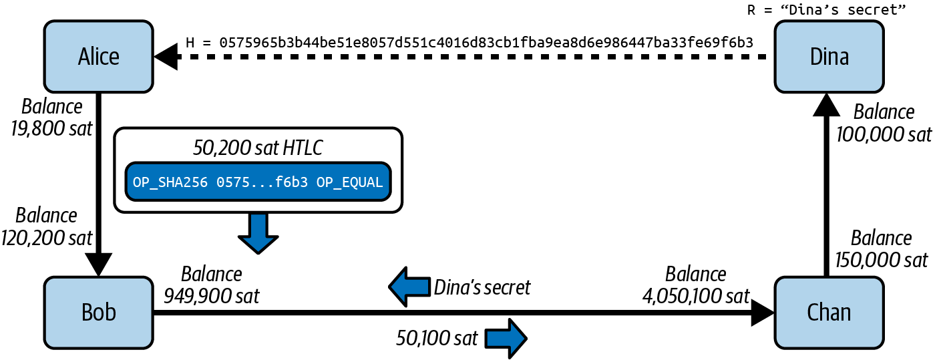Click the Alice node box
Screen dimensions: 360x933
(x=99, y=56)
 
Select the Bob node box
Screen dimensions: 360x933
(x=99, y=312)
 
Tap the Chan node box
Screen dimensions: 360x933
(x=829, y=312)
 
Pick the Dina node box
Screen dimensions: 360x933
(x=829, y=56)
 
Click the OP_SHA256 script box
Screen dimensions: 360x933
(x=258, y=182)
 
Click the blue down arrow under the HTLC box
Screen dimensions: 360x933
(x=258, y=233)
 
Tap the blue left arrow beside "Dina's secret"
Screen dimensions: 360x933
(x=409, y=287)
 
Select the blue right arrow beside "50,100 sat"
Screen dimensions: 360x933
(x=506, y=339)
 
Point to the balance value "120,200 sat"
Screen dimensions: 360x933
(x=47, y=236)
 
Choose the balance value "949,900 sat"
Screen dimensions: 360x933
(x=212, y=295)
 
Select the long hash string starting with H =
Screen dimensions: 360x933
(x=470, y=42)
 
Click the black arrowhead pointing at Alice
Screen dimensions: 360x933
(x=167, y=58)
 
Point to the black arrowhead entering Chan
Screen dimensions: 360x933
(x=762, y=312)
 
